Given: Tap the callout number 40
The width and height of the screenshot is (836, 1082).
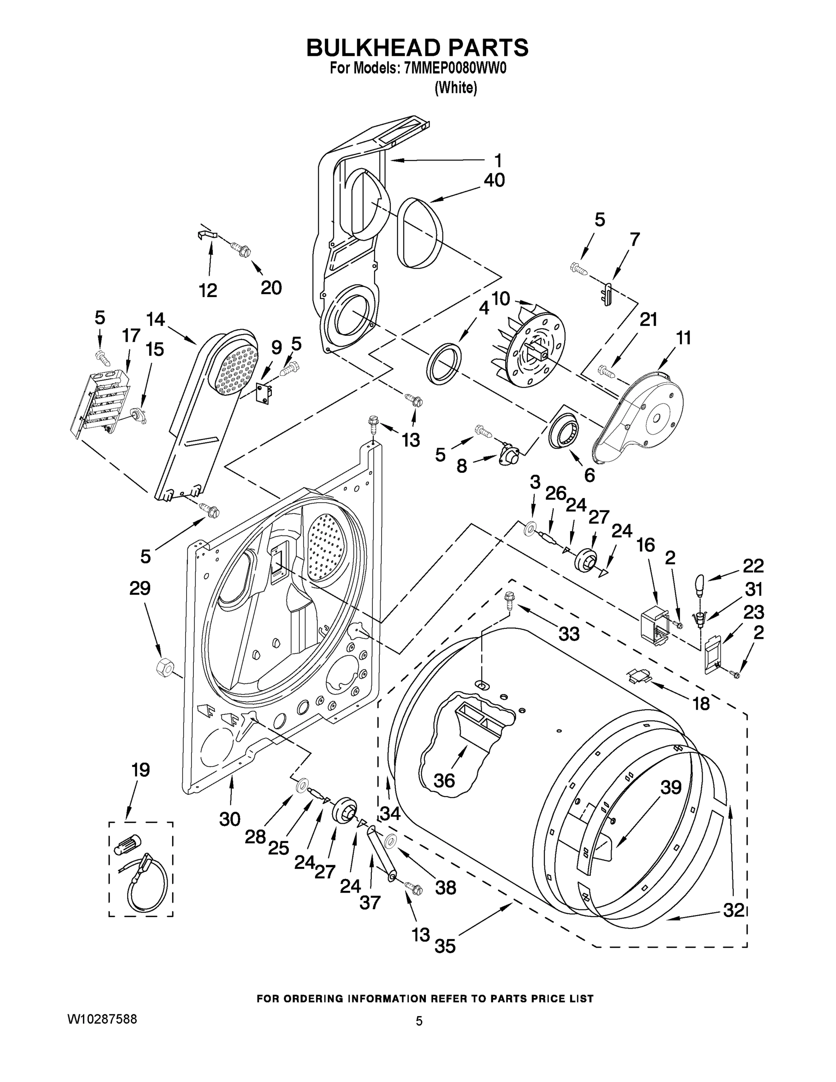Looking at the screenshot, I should click(494, 180).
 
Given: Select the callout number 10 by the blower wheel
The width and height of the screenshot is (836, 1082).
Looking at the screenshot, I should click(500, 299).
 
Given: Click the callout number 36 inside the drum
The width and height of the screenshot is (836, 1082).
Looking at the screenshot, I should click(444, 781).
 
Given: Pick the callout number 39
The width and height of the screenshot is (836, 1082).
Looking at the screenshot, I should click(671, 787).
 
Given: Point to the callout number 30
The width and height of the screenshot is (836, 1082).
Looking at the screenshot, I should click(230, 820).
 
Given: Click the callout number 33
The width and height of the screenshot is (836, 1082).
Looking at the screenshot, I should click(569, 633).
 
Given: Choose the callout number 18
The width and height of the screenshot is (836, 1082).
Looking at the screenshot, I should click(701, 703).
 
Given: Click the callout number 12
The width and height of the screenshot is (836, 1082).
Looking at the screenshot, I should click(208, 290).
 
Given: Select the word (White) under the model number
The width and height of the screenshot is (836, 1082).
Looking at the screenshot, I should click(456, 88).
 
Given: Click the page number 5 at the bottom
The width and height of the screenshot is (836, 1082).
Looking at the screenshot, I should click(419, 1021).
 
